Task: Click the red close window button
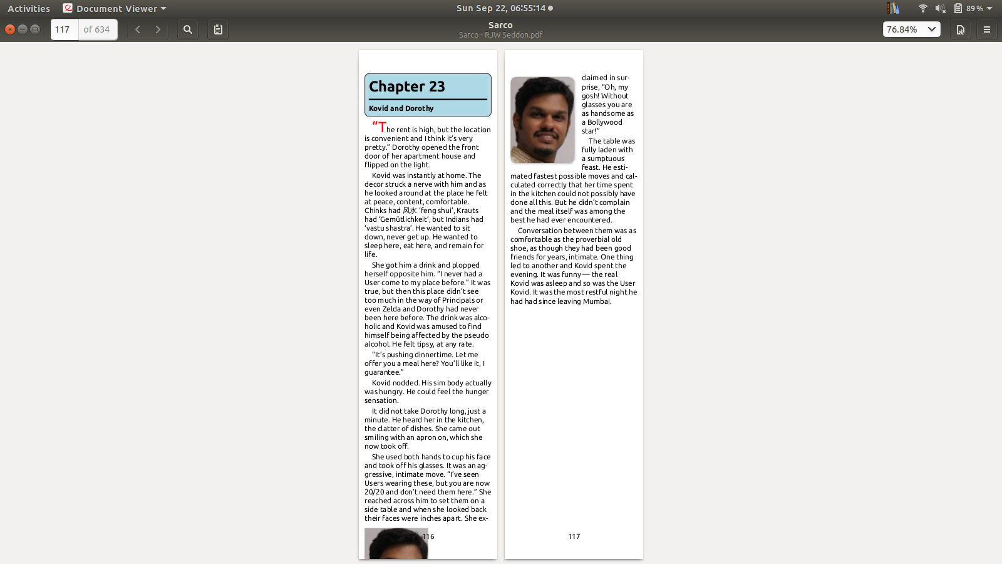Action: click(x=10, y=29)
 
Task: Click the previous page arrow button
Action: click(x=138, y=29)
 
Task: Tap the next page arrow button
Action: click(x=158, y=29)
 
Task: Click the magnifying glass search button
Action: click(x=187, y=29)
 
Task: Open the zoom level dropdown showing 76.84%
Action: click(x=911, y=29)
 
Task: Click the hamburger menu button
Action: click(x=986, y=29)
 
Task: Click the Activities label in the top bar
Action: click(x=29, y=9)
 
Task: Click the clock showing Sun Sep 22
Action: click(x=501, y=8)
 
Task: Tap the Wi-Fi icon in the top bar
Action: click(x=922, y=8)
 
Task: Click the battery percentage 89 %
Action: click(x=974, y=9)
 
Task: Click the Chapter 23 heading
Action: click(x=407, y=86)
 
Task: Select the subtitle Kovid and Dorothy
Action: click(x=401, y=108)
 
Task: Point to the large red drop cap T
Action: click(x=382, y=127)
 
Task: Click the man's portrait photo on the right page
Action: click(x=542, y=120)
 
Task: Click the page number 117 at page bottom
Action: click(x=574, y=536)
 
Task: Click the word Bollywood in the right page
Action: click(x=605, y=122)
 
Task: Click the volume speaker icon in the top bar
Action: click(x=940, y=8)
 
